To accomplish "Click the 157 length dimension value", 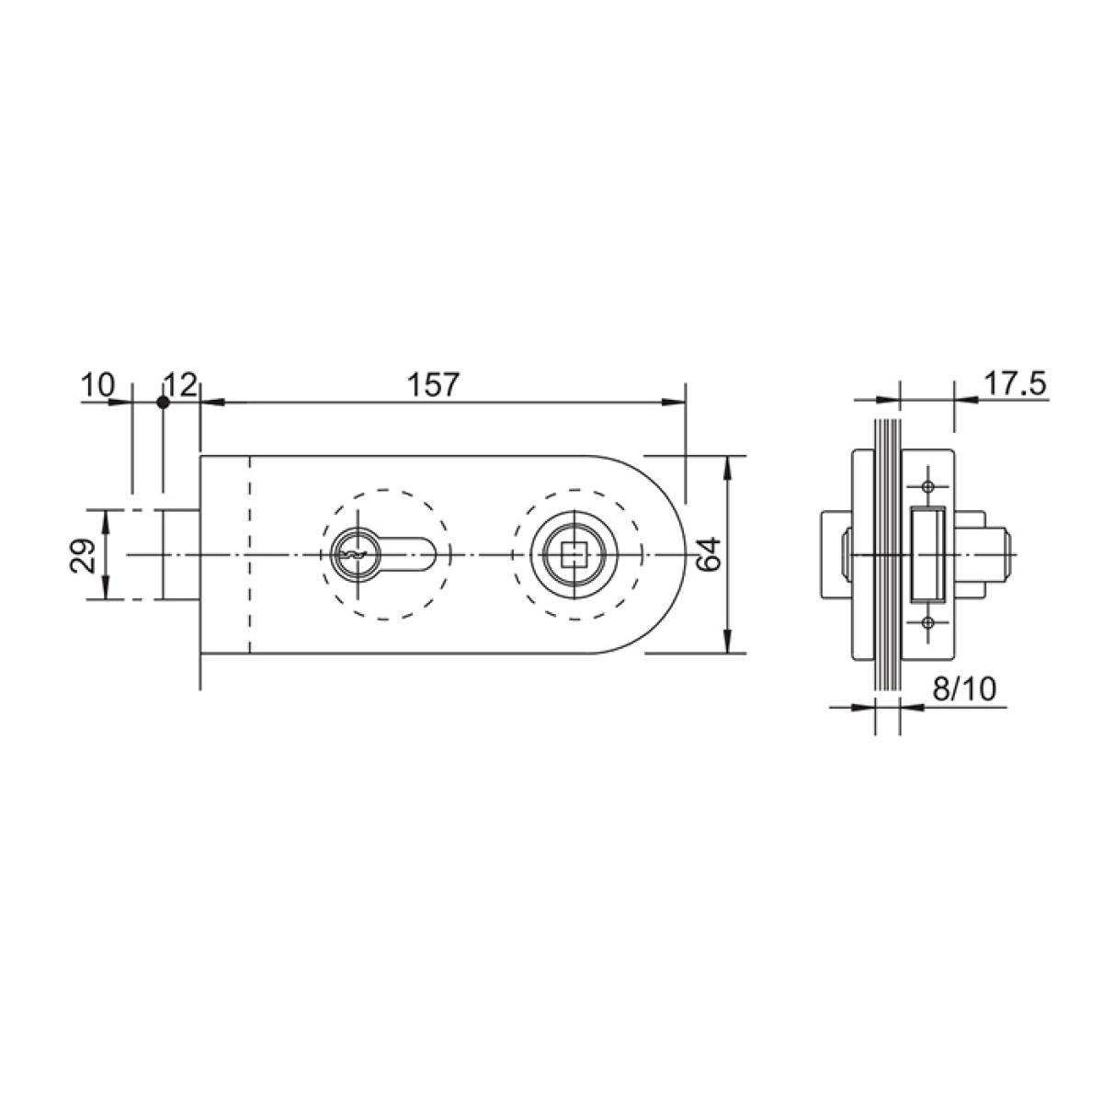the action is tap(433, 385).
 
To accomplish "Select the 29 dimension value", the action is tap(83, 555).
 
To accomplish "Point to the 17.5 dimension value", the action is tap(1015, 383).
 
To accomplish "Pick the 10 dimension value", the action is tap(97, 384).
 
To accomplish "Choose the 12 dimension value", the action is tap(180, 384).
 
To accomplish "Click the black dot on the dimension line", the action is tap(163, 403).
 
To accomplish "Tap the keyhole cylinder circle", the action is tap(356, 554).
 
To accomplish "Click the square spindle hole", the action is tap(574, 554).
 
